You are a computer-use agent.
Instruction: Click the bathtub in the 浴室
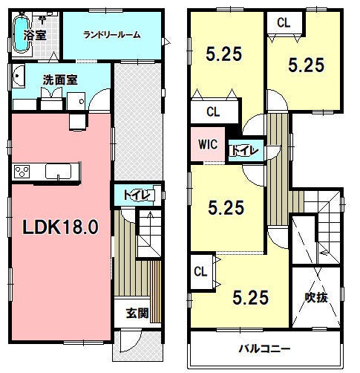(20, 34)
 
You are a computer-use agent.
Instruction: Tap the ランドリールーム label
(111, 35)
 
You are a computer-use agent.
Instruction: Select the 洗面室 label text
(60, 80)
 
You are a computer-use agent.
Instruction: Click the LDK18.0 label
(60, 227)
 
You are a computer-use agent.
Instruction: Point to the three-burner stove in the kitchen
(22, 172)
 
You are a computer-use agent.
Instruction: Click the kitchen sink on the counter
(58, 172)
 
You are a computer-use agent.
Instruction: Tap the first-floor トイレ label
(137, 195)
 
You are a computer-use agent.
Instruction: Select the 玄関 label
(137, 314)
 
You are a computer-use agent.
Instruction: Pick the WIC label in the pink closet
(208, 144)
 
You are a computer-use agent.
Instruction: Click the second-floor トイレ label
(244, 150)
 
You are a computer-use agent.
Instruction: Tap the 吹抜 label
(316, 297)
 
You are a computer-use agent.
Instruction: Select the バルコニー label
(264, 349)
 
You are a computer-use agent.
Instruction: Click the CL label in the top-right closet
(284, 23)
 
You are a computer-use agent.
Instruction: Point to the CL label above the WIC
(213, 112)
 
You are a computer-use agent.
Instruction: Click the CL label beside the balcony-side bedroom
(200, 272)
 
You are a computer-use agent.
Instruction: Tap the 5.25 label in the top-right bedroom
(306, 65)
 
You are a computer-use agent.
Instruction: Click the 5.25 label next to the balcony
(250, 297)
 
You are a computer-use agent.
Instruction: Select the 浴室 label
(35, 35)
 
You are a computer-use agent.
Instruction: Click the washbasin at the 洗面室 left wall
(18, 76)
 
